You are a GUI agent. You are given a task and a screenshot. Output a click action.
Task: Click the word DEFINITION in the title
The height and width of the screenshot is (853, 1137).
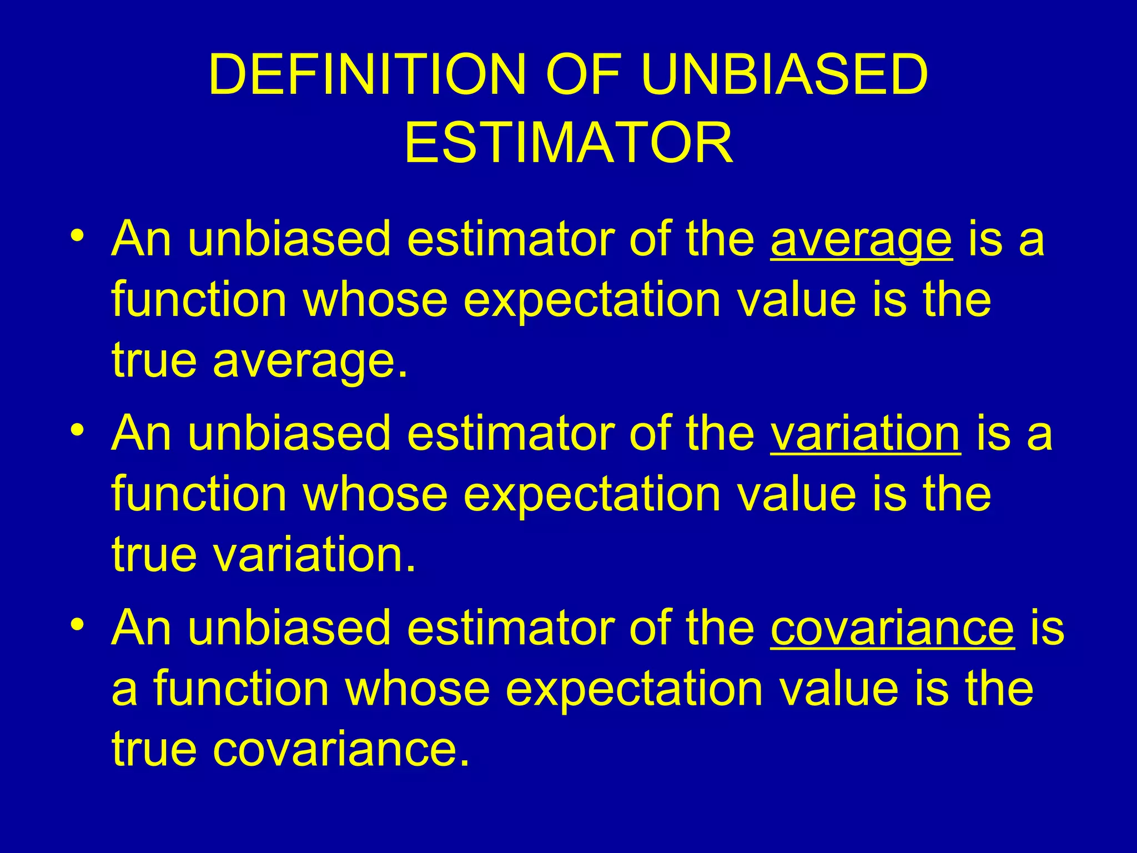tap(367, 75)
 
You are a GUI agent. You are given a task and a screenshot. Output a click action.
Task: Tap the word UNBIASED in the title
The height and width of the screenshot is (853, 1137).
tap(784, 75)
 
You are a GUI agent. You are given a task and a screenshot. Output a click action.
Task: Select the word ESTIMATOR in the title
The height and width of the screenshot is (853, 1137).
tap(568, 143)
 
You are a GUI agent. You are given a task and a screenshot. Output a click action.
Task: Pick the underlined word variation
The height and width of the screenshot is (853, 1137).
tap(865, 434)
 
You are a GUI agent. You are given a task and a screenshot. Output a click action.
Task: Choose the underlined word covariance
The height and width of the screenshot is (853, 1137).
tap(892, 628)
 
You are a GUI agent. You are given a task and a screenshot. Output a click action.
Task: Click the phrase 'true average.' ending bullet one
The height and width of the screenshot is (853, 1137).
tap(260, 360)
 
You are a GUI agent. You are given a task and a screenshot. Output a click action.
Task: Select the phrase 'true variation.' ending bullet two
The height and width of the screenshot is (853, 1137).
tap(264, 554)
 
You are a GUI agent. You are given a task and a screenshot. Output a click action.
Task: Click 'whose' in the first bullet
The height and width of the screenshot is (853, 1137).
tap(375, 300)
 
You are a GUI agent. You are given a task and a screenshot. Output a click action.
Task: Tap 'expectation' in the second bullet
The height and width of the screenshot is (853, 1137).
tap(592, 494)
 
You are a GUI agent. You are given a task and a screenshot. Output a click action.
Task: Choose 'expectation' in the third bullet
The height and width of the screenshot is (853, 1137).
tap(634, 689)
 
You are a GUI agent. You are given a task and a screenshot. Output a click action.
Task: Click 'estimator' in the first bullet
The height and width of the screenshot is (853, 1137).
tap(510, 239)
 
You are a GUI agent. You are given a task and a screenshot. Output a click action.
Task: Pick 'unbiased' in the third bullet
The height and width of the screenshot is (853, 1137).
tap(289, 628)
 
